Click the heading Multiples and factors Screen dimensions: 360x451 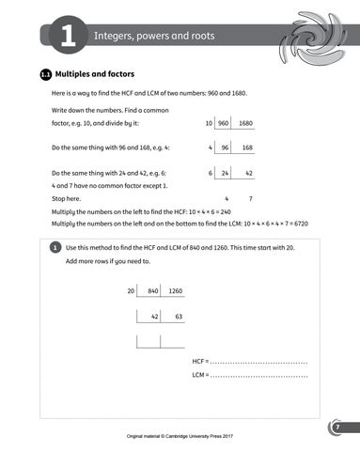[95, 72]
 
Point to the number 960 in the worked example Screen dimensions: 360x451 [224, 123]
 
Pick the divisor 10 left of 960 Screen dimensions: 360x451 [208, 123]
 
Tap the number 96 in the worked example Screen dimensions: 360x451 [224, 148]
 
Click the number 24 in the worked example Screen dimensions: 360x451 [225, 173]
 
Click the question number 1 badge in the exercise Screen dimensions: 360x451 [55, 246]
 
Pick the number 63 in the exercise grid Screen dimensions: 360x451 [178, 317]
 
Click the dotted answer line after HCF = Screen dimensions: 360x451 [258, 362]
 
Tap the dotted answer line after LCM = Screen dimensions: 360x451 [258, 376]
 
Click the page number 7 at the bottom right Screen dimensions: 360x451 [337, 428]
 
